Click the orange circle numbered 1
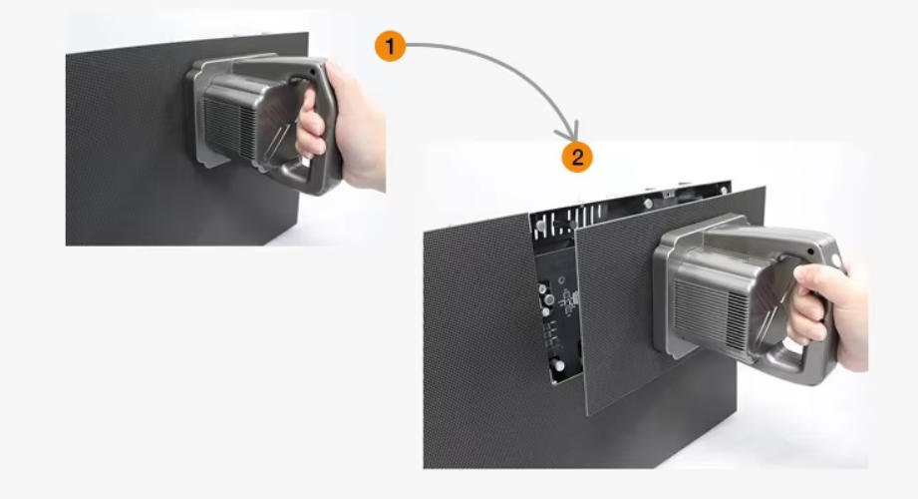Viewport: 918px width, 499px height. (390, 46)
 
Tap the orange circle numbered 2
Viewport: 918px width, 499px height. (577, 157)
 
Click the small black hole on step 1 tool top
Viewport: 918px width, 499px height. (318, 71)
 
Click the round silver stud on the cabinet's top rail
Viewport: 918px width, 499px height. (648, 203)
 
